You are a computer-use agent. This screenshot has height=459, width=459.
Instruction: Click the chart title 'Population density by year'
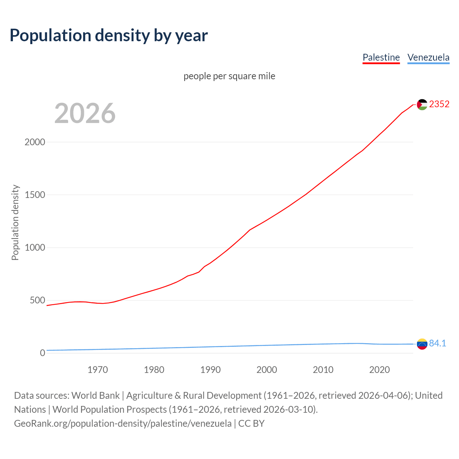109,35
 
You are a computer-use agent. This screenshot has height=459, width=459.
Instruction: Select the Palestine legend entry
381,57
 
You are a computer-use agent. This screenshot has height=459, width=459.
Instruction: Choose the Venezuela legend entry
428,57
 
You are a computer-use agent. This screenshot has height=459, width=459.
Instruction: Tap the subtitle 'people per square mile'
229,76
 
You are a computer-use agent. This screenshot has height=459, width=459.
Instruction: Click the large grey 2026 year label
85,113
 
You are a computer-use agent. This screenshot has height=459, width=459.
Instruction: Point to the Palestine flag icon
422,104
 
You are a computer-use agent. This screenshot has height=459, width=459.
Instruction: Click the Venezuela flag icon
422,344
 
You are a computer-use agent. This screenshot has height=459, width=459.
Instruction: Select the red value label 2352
439,104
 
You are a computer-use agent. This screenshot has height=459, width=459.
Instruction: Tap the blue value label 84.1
437,343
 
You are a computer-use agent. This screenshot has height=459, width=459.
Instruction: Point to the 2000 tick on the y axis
35,142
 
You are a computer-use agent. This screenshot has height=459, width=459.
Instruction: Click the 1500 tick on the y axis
35,195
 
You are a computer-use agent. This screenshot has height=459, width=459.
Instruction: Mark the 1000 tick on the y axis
35,247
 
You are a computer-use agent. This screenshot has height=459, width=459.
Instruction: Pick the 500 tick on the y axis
37,300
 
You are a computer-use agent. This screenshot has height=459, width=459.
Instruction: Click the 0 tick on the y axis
43,353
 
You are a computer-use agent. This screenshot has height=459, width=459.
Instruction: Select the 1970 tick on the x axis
98,370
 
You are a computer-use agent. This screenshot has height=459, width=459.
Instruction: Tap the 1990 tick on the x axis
210,370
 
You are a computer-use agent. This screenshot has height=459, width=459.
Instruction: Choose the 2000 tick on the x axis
267,370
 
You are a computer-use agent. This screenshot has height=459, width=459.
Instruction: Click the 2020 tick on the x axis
379,370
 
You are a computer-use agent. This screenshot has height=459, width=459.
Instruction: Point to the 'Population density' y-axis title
15,222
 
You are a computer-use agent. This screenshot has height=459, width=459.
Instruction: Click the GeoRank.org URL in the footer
123,423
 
